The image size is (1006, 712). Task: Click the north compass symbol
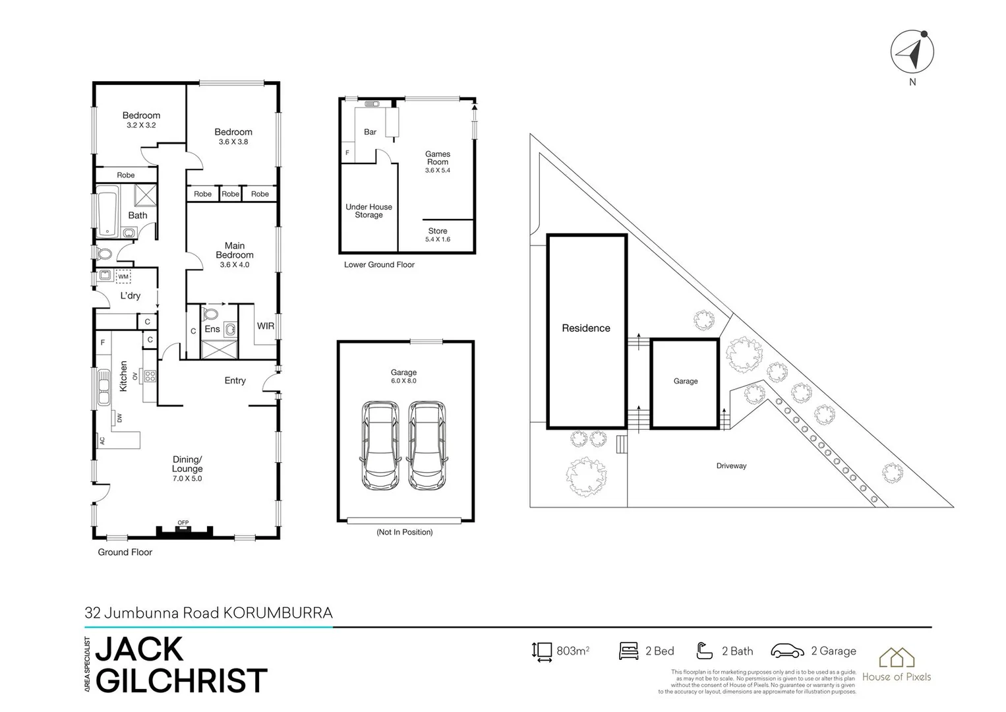tap(912, 51)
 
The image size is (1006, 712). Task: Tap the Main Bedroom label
tap(235, 251)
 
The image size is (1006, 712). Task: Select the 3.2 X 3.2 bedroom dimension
tap(141, 125)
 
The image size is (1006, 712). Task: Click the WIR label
tap(266, 326)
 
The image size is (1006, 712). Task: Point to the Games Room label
tap(438, 158)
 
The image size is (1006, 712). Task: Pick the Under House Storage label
tap(369, 211)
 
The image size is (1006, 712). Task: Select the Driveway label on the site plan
tap(731, 466)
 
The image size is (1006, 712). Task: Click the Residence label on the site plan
tap(586, 328)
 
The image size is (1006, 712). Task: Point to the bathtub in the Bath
tap(107, 211)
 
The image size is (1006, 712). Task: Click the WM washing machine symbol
tap(123, 276)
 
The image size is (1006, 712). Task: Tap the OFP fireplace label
tap(183, 523)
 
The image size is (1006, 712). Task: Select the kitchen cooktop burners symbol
tap(150, 376)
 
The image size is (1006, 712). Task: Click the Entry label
tap(235, 380)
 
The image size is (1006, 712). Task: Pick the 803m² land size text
tap(572, 651)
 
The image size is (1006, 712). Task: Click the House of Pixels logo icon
tap(897, 657)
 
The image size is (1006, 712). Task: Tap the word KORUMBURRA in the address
tap(278, 613)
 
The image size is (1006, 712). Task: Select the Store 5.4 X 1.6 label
tap(438, 235)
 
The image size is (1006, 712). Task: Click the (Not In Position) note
tap(404, 532)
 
